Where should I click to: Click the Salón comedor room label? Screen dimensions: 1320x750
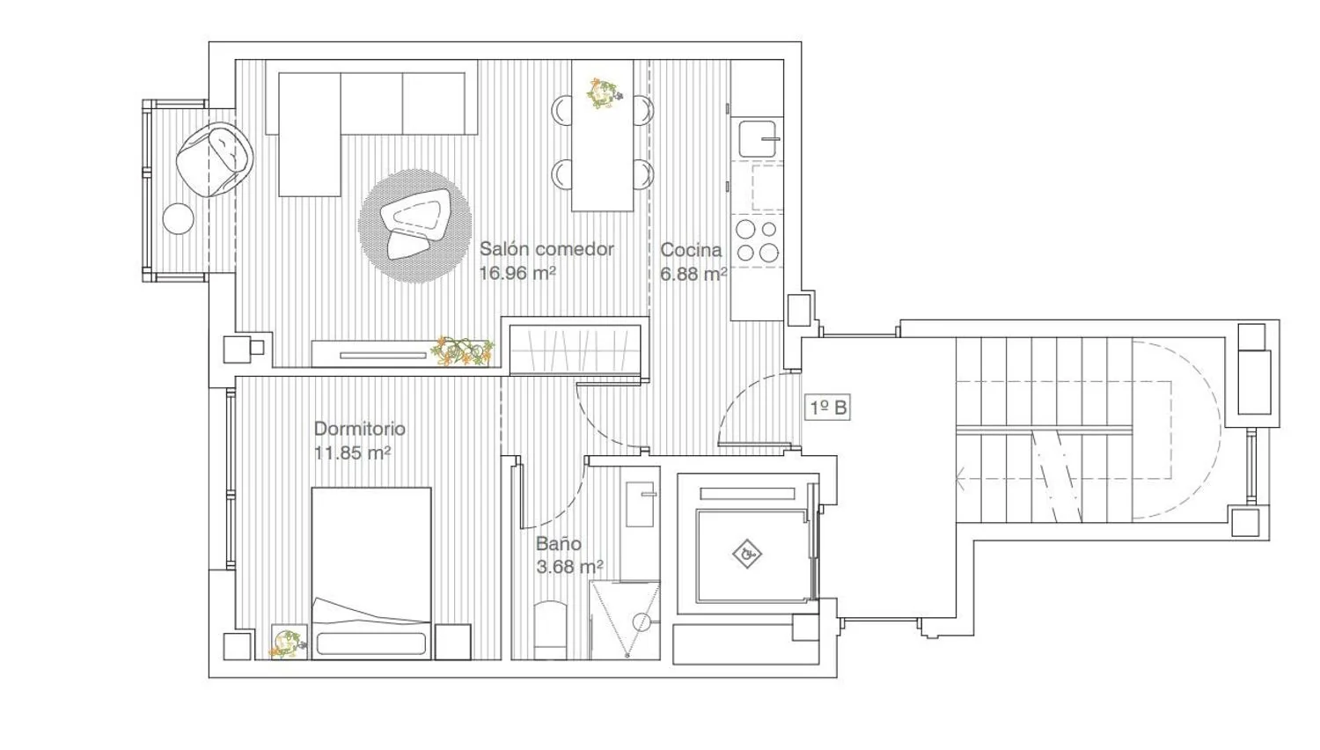tap(546, 249)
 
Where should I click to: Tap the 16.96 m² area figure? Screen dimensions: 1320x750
tap(517, 273)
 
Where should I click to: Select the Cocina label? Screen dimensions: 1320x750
tap(691, 250)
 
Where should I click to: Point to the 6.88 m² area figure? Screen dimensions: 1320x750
tap(693, 274)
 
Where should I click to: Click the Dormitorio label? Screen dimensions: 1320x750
tap(359, 429)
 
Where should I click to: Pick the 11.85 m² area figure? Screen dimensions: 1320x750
tap(352, 452)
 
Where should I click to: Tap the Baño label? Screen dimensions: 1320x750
tap(559, 543)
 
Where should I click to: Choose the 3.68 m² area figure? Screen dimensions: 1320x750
tap(569, 567)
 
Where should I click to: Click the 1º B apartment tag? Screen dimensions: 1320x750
tap(828, 408)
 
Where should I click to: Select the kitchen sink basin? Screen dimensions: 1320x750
tap(757, 138)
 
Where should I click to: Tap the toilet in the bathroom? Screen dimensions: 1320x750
tap(550, 630)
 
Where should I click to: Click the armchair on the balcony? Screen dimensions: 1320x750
tap(215, 156)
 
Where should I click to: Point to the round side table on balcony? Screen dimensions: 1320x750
tap(178, 218)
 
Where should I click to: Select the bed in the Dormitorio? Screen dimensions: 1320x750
tap(371, 573)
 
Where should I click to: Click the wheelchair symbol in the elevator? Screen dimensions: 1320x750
tap(747, 554)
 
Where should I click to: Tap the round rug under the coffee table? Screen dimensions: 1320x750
tap(414, 226)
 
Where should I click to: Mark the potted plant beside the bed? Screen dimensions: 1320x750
tap(288, 643)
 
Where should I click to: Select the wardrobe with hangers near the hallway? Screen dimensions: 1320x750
tap(576, 349)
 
